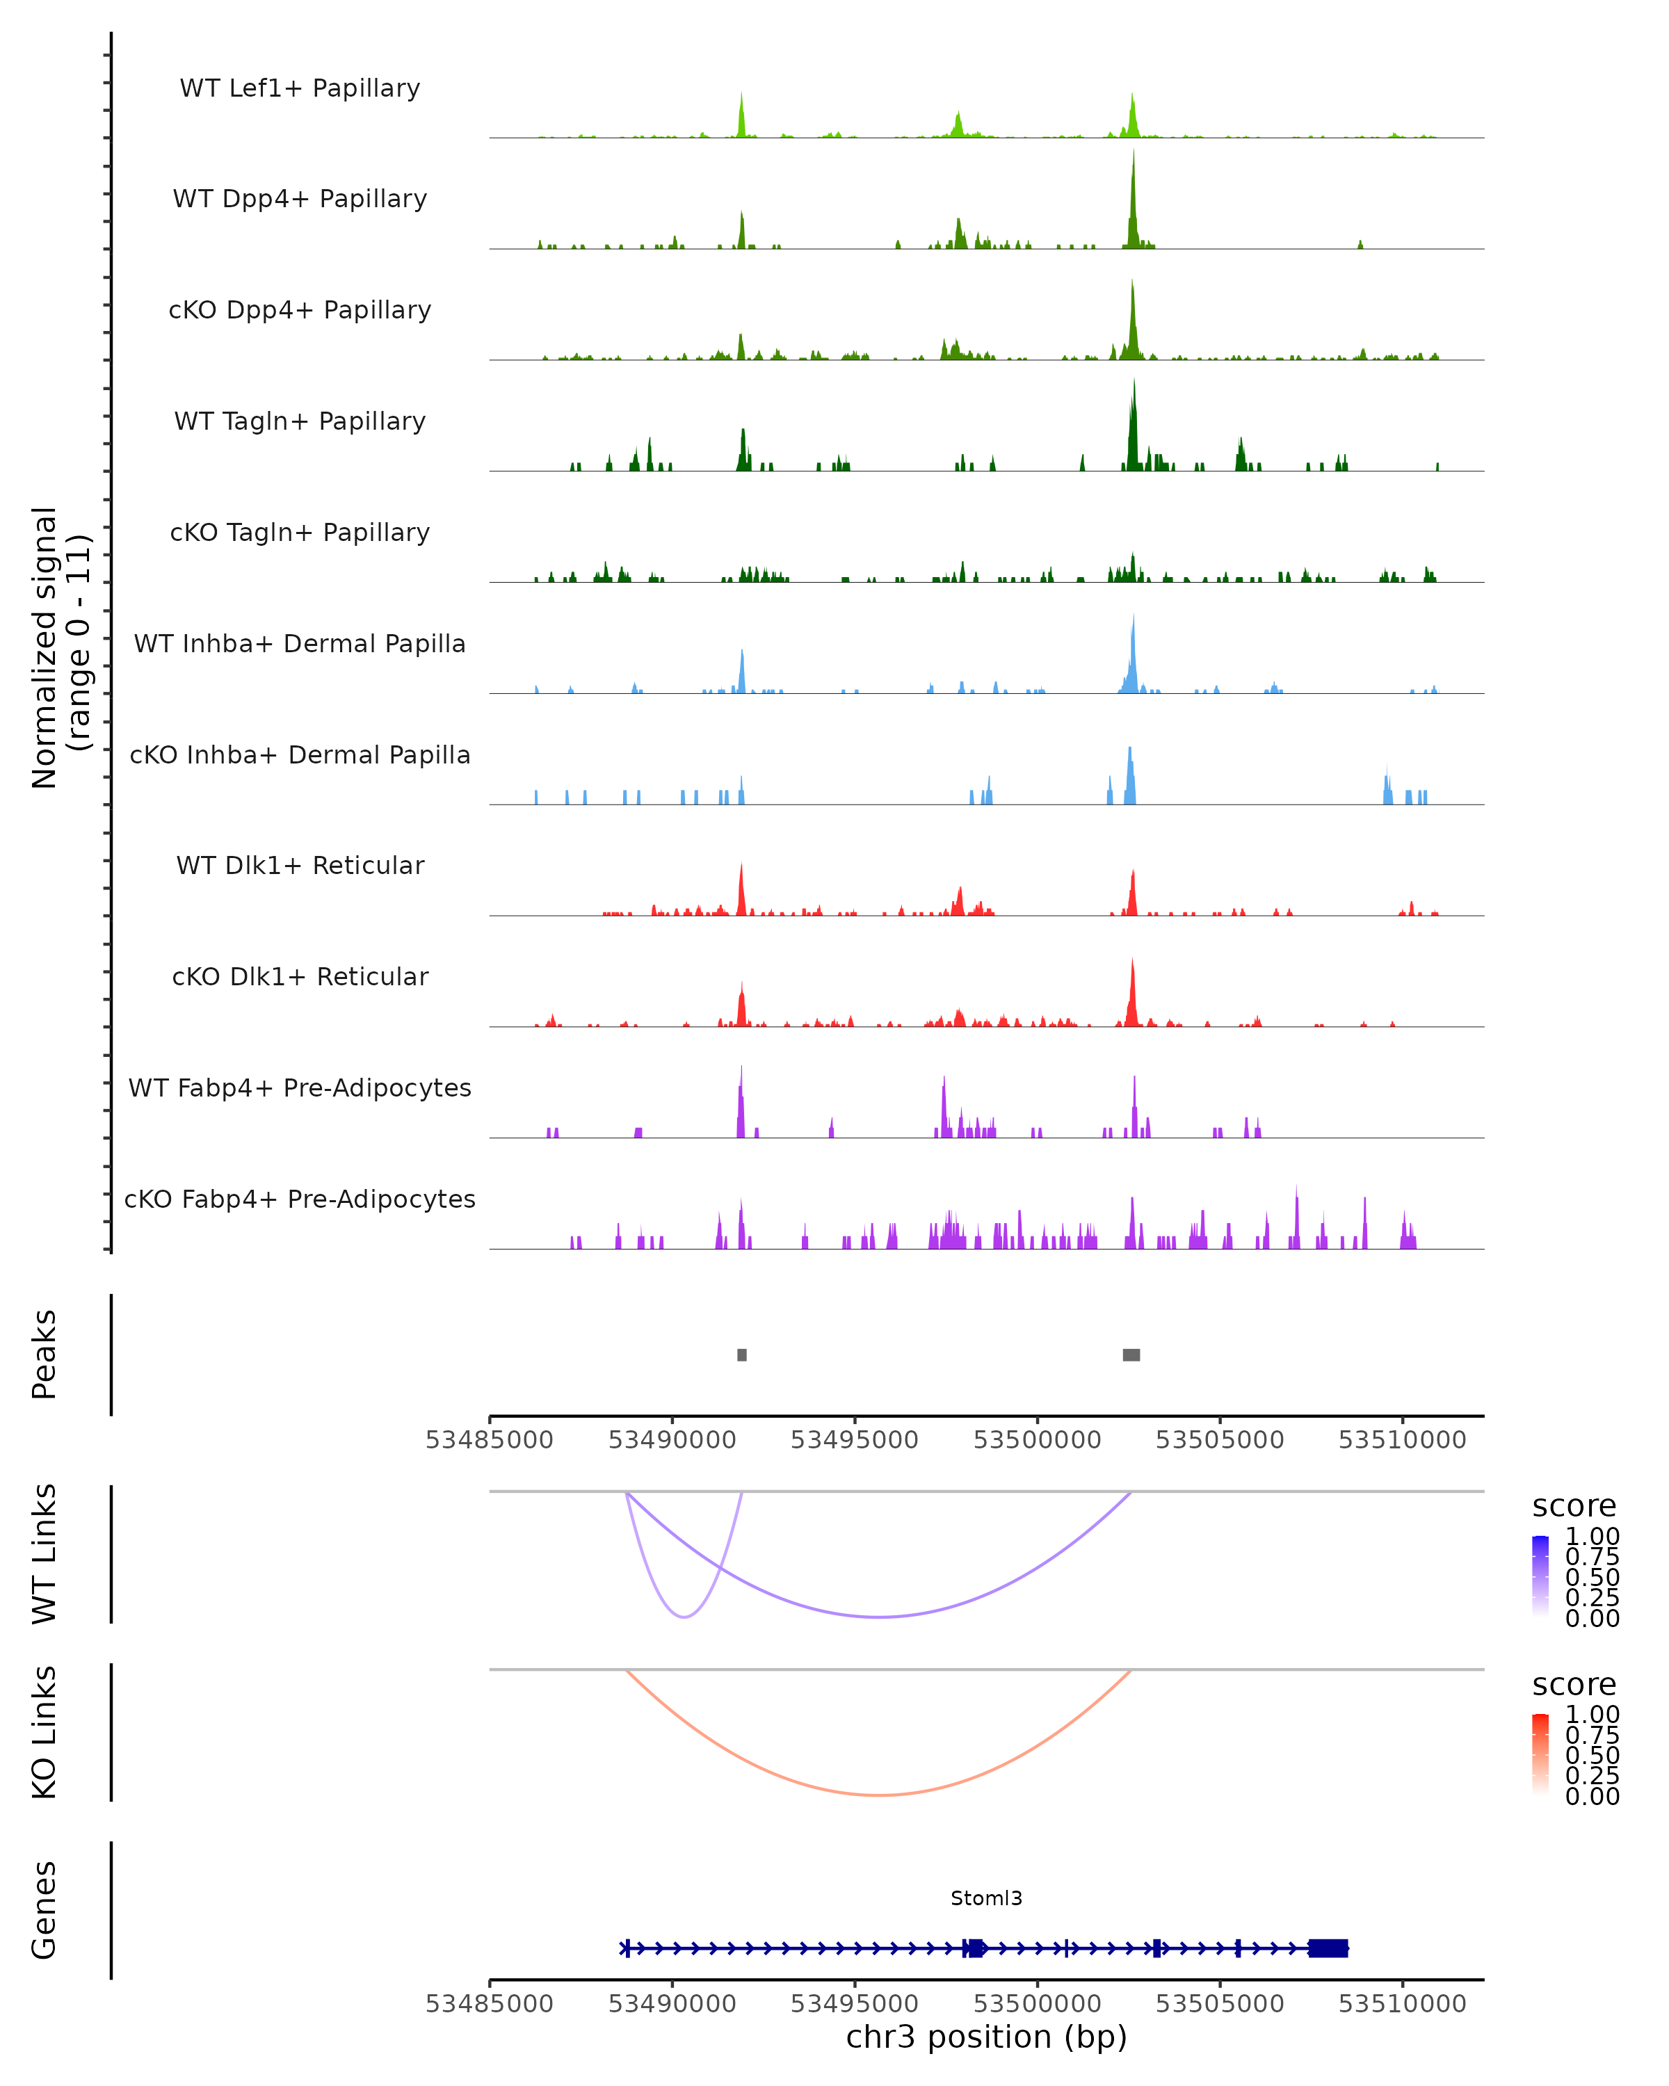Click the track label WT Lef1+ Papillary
pyautogui.click(x=300, y=88)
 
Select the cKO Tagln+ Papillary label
pyautogui.click(x=300, y=532)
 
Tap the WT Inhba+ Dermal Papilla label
pyautogui.click(x=300, y=643)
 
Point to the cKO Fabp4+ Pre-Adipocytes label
pyautogui.click(x=300, y=1199)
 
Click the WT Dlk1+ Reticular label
pyautogui.click(x=300, y=865)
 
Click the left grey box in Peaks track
pyautogui.click(x=742, y=1355)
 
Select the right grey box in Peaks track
pyautogui.click(x=1131, y=1355)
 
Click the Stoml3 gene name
pyautogui.click(x=986, y=1898)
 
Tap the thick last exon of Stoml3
pyautogui.click(x=1328, y=1948)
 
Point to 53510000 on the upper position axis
pyautogui.click(x=1402, y=1440)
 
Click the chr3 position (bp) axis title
pyautogui.click(x=986, y=2037)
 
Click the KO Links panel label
pyautogui.click(x=45, y=1732)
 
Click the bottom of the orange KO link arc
pyautogui.click(x=878, y=1795)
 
